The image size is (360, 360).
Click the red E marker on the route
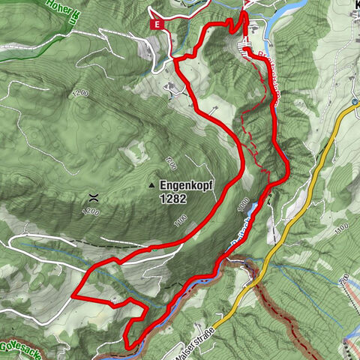coord(157,24)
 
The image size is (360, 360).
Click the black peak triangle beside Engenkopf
coord(151,184)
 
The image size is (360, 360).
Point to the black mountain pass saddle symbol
coord(94,198)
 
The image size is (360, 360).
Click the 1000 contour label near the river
coord(241,204)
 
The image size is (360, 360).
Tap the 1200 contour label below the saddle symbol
coord(91,213)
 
